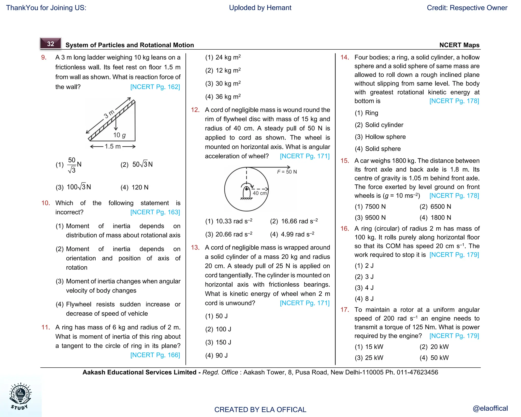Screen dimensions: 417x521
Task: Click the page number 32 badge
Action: (x=51, y=44)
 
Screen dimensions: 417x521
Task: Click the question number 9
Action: (x=44, y=58)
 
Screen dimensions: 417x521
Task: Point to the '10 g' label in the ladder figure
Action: (x=119, y=135)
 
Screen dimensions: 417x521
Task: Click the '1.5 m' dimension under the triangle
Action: (x=113, y=146)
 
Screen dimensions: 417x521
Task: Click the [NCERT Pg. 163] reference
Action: (x=155, y=212)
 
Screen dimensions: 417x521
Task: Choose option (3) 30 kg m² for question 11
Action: (x=223, y=84)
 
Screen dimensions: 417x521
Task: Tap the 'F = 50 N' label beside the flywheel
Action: (x=287, y=172)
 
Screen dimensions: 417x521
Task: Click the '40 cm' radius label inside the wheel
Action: (x=259, y=193)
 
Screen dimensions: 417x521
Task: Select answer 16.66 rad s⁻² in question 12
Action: (x=294, y=221)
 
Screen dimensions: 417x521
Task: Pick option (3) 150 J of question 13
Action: (x=218, y=342)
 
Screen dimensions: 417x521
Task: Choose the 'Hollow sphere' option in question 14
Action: (x=380, y=137)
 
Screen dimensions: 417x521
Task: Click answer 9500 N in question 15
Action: (x=370, y=218)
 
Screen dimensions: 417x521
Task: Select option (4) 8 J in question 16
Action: (x=364, y=299)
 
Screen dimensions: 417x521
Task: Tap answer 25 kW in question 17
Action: (x=369, y=358)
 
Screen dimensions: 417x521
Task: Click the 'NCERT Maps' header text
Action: (x=459, y=45)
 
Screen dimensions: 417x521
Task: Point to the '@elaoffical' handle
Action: (x=490, y=408)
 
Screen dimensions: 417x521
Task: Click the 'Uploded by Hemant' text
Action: (x=260, y=8)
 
